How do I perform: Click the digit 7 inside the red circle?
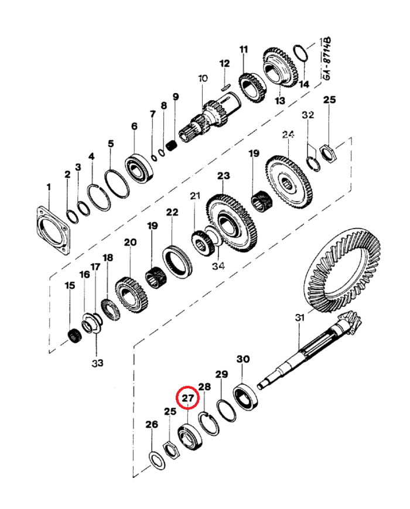click(191, 398)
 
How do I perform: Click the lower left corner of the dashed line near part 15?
click(49, 353)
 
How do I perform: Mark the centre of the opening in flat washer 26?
click(157, 460)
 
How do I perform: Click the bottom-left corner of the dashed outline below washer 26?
click(134, 477)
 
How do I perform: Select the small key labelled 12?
click(225, 87)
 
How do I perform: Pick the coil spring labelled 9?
click(171, 145)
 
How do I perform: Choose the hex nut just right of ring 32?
click(328, 154)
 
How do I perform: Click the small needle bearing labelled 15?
click(76, 336)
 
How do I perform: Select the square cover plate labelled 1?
click(52, 230)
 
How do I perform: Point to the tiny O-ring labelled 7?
click(154, 158)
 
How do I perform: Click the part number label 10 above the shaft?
click(203, 78)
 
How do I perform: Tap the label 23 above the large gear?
click(223, 176)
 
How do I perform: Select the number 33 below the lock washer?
click(97, 363)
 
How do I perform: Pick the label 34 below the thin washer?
click(218, 266)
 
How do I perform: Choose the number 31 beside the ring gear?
click(299, 317)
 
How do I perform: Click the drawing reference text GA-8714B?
click(327, 59)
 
